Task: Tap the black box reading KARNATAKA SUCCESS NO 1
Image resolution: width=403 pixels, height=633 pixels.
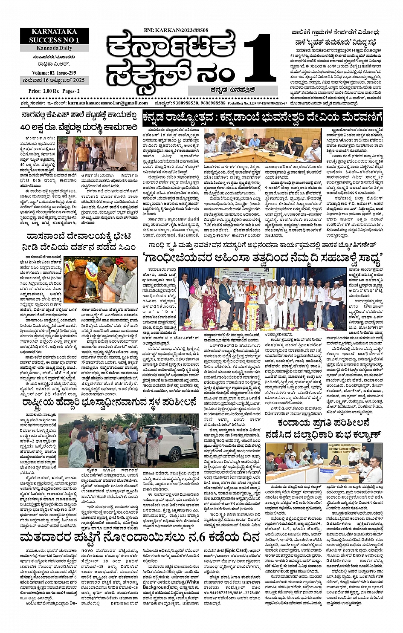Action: (54, 36)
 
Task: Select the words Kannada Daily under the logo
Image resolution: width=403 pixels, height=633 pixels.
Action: (54, 48)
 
